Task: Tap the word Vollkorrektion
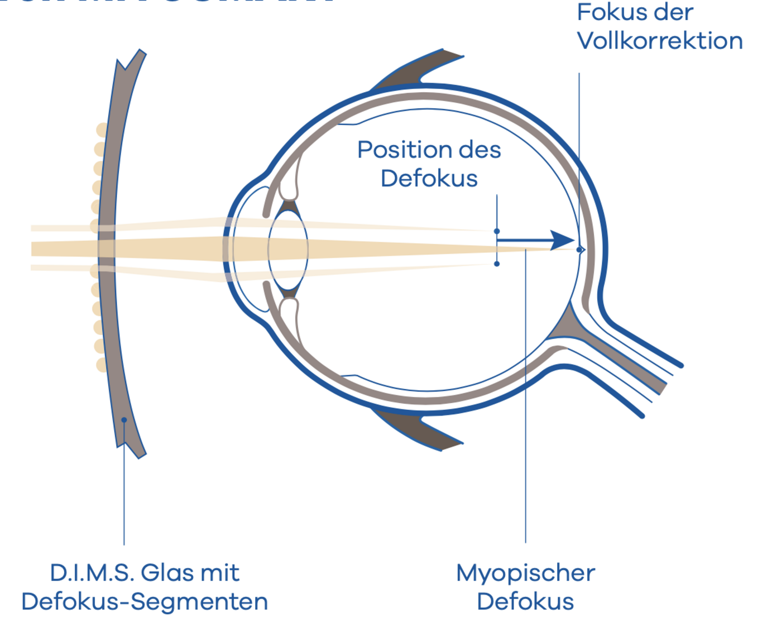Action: (659, 41)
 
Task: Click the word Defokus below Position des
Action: (429, 179)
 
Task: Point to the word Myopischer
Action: (525, 573)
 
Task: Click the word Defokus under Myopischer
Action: (525, 601)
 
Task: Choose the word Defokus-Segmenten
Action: (145, 601)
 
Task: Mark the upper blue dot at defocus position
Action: (497, 231)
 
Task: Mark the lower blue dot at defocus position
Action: (497, 264)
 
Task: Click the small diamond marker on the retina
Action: (581, 250)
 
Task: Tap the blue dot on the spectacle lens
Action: (124, 420)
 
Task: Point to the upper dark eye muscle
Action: (419, 70)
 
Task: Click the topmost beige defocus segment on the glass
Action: (101, 130)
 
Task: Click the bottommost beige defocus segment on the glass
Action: (101, 365)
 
